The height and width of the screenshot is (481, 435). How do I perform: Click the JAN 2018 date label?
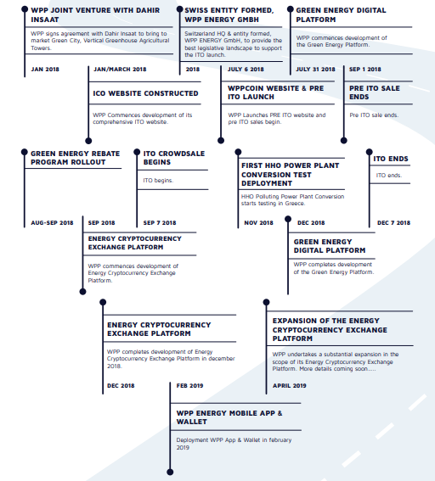[45, 70]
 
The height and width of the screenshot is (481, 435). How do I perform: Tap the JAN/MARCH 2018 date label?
[120, 70]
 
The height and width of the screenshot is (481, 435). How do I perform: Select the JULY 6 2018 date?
[246, 70]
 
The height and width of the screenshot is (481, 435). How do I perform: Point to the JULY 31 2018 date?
[315, 70]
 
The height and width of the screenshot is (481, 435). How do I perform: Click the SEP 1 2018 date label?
[365, 70]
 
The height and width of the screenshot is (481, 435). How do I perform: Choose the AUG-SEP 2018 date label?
[52, 223]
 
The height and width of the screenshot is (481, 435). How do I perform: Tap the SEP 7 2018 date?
[160, 223]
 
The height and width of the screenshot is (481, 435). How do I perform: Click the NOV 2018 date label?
[258, 223]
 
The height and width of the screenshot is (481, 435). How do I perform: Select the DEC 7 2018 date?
[393, 223]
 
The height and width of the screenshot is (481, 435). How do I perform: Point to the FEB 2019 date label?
[189, 386]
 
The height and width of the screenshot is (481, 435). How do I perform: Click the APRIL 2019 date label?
[290, 386]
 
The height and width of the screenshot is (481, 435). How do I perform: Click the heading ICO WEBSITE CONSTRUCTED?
[145, 93]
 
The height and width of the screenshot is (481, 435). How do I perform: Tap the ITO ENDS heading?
[391, 159]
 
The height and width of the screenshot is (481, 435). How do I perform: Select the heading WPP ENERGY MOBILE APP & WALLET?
[229, 417]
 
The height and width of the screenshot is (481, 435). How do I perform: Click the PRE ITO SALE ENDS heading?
[375, 92]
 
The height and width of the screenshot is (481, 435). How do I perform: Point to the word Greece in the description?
[294, 204]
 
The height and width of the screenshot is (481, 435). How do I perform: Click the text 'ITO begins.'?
[158, 181]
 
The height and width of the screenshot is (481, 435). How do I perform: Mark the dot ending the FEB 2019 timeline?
[170, 472]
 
